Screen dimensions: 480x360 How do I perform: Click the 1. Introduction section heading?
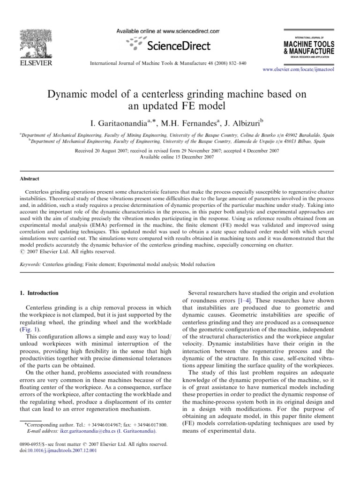pyautogui.click(x=39, y=293)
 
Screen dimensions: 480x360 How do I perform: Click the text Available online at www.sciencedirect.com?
pyautogui.click(x=167, y=31)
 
